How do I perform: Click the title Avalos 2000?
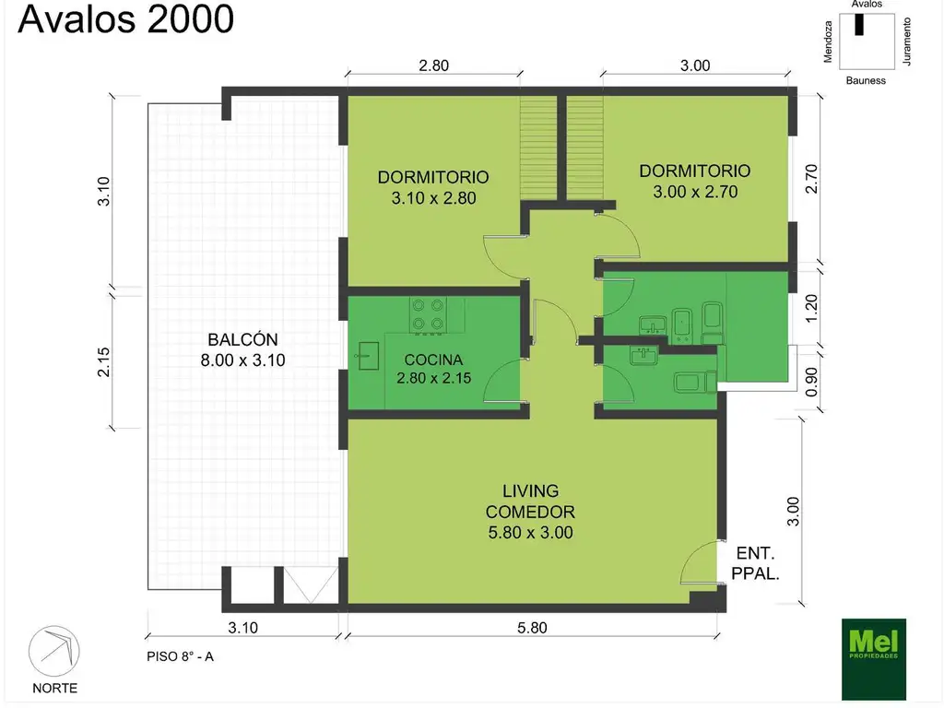(125, 18)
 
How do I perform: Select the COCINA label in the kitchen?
(433, 360)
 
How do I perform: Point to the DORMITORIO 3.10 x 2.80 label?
(433, 187)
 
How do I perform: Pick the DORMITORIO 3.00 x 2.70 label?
(695, 182)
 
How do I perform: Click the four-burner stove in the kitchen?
(428, 315)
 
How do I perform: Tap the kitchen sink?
(366, 356)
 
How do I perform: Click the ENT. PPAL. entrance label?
(756, 563)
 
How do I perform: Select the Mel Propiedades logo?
(874, 659)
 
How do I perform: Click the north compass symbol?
(54, 652)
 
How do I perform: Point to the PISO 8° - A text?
(180, 656)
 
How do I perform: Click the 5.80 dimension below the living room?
(532, 628)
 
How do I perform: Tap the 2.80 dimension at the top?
(434, 65)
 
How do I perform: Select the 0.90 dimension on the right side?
(811, 382)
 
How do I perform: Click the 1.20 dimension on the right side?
(811, 308)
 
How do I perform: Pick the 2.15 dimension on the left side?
(104, 361)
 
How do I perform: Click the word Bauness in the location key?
(866, 81)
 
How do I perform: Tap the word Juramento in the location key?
(907, 41)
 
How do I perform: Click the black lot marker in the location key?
(859, 24)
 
